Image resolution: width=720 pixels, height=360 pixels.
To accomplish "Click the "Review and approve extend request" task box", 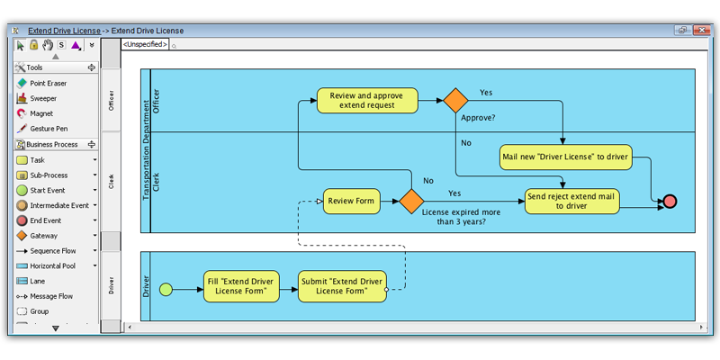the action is coord(367,101).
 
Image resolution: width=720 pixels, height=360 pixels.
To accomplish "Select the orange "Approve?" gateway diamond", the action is coord(455,100).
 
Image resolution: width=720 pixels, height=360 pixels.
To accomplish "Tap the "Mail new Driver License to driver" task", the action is coord(565,157).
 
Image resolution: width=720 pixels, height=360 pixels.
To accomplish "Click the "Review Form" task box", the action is coord(352,201).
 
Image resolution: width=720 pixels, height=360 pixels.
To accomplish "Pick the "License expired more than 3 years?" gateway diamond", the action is coord(411,201).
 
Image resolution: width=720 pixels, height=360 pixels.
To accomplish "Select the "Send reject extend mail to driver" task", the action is coord(572,201).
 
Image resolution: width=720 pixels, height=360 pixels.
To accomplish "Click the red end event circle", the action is coord(670,202).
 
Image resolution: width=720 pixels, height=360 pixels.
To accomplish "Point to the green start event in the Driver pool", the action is coord(166,289).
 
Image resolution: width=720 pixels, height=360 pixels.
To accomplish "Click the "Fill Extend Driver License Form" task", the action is coord(241,286).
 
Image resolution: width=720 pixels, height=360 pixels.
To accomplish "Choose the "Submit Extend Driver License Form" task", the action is coord(342,286).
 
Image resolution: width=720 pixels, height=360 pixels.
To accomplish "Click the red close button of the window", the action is coord(702,31).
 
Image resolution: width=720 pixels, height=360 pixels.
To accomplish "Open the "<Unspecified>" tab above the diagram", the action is coord(145,44).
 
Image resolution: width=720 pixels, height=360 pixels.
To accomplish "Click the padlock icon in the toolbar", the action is coord(33,45).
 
